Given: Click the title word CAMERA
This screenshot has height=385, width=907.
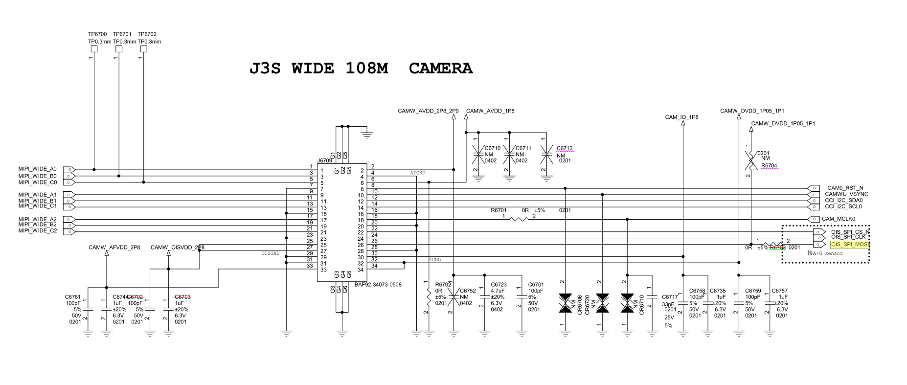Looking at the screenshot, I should [440, 68].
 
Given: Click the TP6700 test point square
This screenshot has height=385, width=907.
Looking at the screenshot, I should [94, 49].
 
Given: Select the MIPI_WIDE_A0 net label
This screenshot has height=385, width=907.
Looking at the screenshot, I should [38, 169].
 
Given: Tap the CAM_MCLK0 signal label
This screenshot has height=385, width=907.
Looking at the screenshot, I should [838, 219].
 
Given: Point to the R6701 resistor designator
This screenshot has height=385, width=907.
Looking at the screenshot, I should [499, 210].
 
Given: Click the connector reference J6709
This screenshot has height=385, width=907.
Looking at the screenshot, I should [324, 160].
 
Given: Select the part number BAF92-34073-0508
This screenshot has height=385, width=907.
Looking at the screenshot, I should [378, 284].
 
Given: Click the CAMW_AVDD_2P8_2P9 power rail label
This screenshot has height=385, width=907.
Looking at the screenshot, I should [428, 111].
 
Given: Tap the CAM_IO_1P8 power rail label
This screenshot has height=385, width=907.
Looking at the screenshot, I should [681, 117].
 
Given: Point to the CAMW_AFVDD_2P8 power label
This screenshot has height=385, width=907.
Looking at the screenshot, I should [114, 248].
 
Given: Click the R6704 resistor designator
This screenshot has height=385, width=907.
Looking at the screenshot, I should [769, 166].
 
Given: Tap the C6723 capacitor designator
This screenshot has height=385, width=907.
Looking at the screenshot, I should [499, 284].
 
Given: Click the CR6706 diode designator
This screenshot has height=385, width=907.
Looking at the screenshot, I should [580, 305].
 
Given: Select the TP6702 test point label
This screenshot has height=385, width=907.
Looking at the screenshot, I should [147, 34].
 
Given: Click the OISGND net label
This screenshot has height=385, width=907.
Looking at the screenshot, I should [271, 253].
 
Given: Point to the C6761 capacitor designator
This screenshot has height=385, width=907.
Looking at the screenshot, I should [73, 297].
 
